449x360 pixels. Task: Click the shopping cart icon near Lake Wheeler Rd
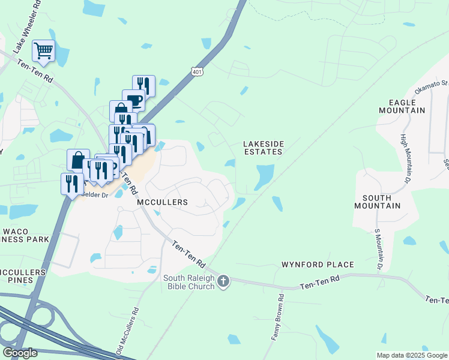[44, 52]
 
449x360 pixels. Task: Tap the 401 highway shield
[197, 71]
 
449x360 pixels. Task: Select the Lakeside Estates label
[262, 148]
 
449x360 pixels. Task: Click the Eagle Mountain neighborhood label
[402, 106]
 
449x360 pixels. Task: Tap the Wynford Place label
[318, 265]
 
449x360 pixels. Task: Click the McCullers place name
[163, 202]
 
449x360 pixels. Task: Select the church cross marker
[223, 281]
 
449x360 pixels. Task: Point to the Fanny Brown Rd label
[277, 317]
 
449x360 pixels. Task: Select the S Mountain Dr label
[378, 249]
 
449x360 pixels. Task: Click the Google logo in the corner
[20, 353]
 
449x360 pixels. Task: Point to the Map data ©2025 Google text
[412, 355]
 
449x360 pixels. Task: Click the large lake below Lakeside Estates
[264, 177]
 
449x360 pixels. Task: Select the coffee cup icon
[133, 100]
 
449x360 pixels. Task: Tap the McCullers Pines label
[22, 276]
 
